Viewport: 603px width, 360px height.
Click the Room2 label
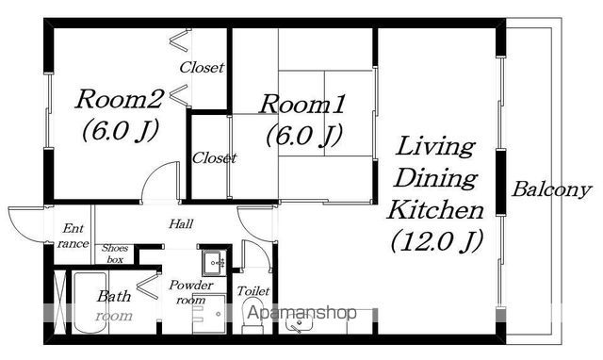coord(120,99)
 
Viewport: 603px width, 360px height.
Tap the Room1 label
coord(302,104)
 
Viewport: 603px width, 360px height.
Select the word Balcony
coord(551,189)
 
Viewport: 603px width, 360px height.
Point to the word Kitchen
coord(435,210)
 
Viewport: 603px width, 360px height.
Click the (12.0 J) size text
coord(436,241)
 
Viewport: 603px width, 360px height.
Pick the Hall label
coord(181,223)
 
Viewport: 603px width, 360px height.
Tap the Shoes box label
coord(115,254)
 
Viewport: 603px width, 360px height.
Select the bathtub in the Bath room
coord(90,303)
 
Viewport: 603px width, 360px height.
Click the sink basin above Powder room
coord(215,263)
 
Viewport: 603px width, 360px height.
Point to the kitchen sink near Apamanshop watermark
coord(300,322)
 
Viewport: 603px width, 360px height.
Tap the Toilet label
coord(253,291)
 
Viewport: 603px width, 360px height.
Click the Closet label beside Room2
coord(202,68)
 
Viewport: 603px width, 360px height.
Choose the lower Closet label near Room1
coord(214,157)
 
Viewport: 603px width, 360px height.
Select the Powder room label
coord(190,292)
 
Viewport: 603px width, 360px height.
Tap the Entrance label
coord(73,236)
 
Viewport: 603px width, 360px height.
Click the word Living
coord(435,147)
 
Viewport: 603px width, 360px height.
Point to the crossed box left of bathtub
coord(59,302)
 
